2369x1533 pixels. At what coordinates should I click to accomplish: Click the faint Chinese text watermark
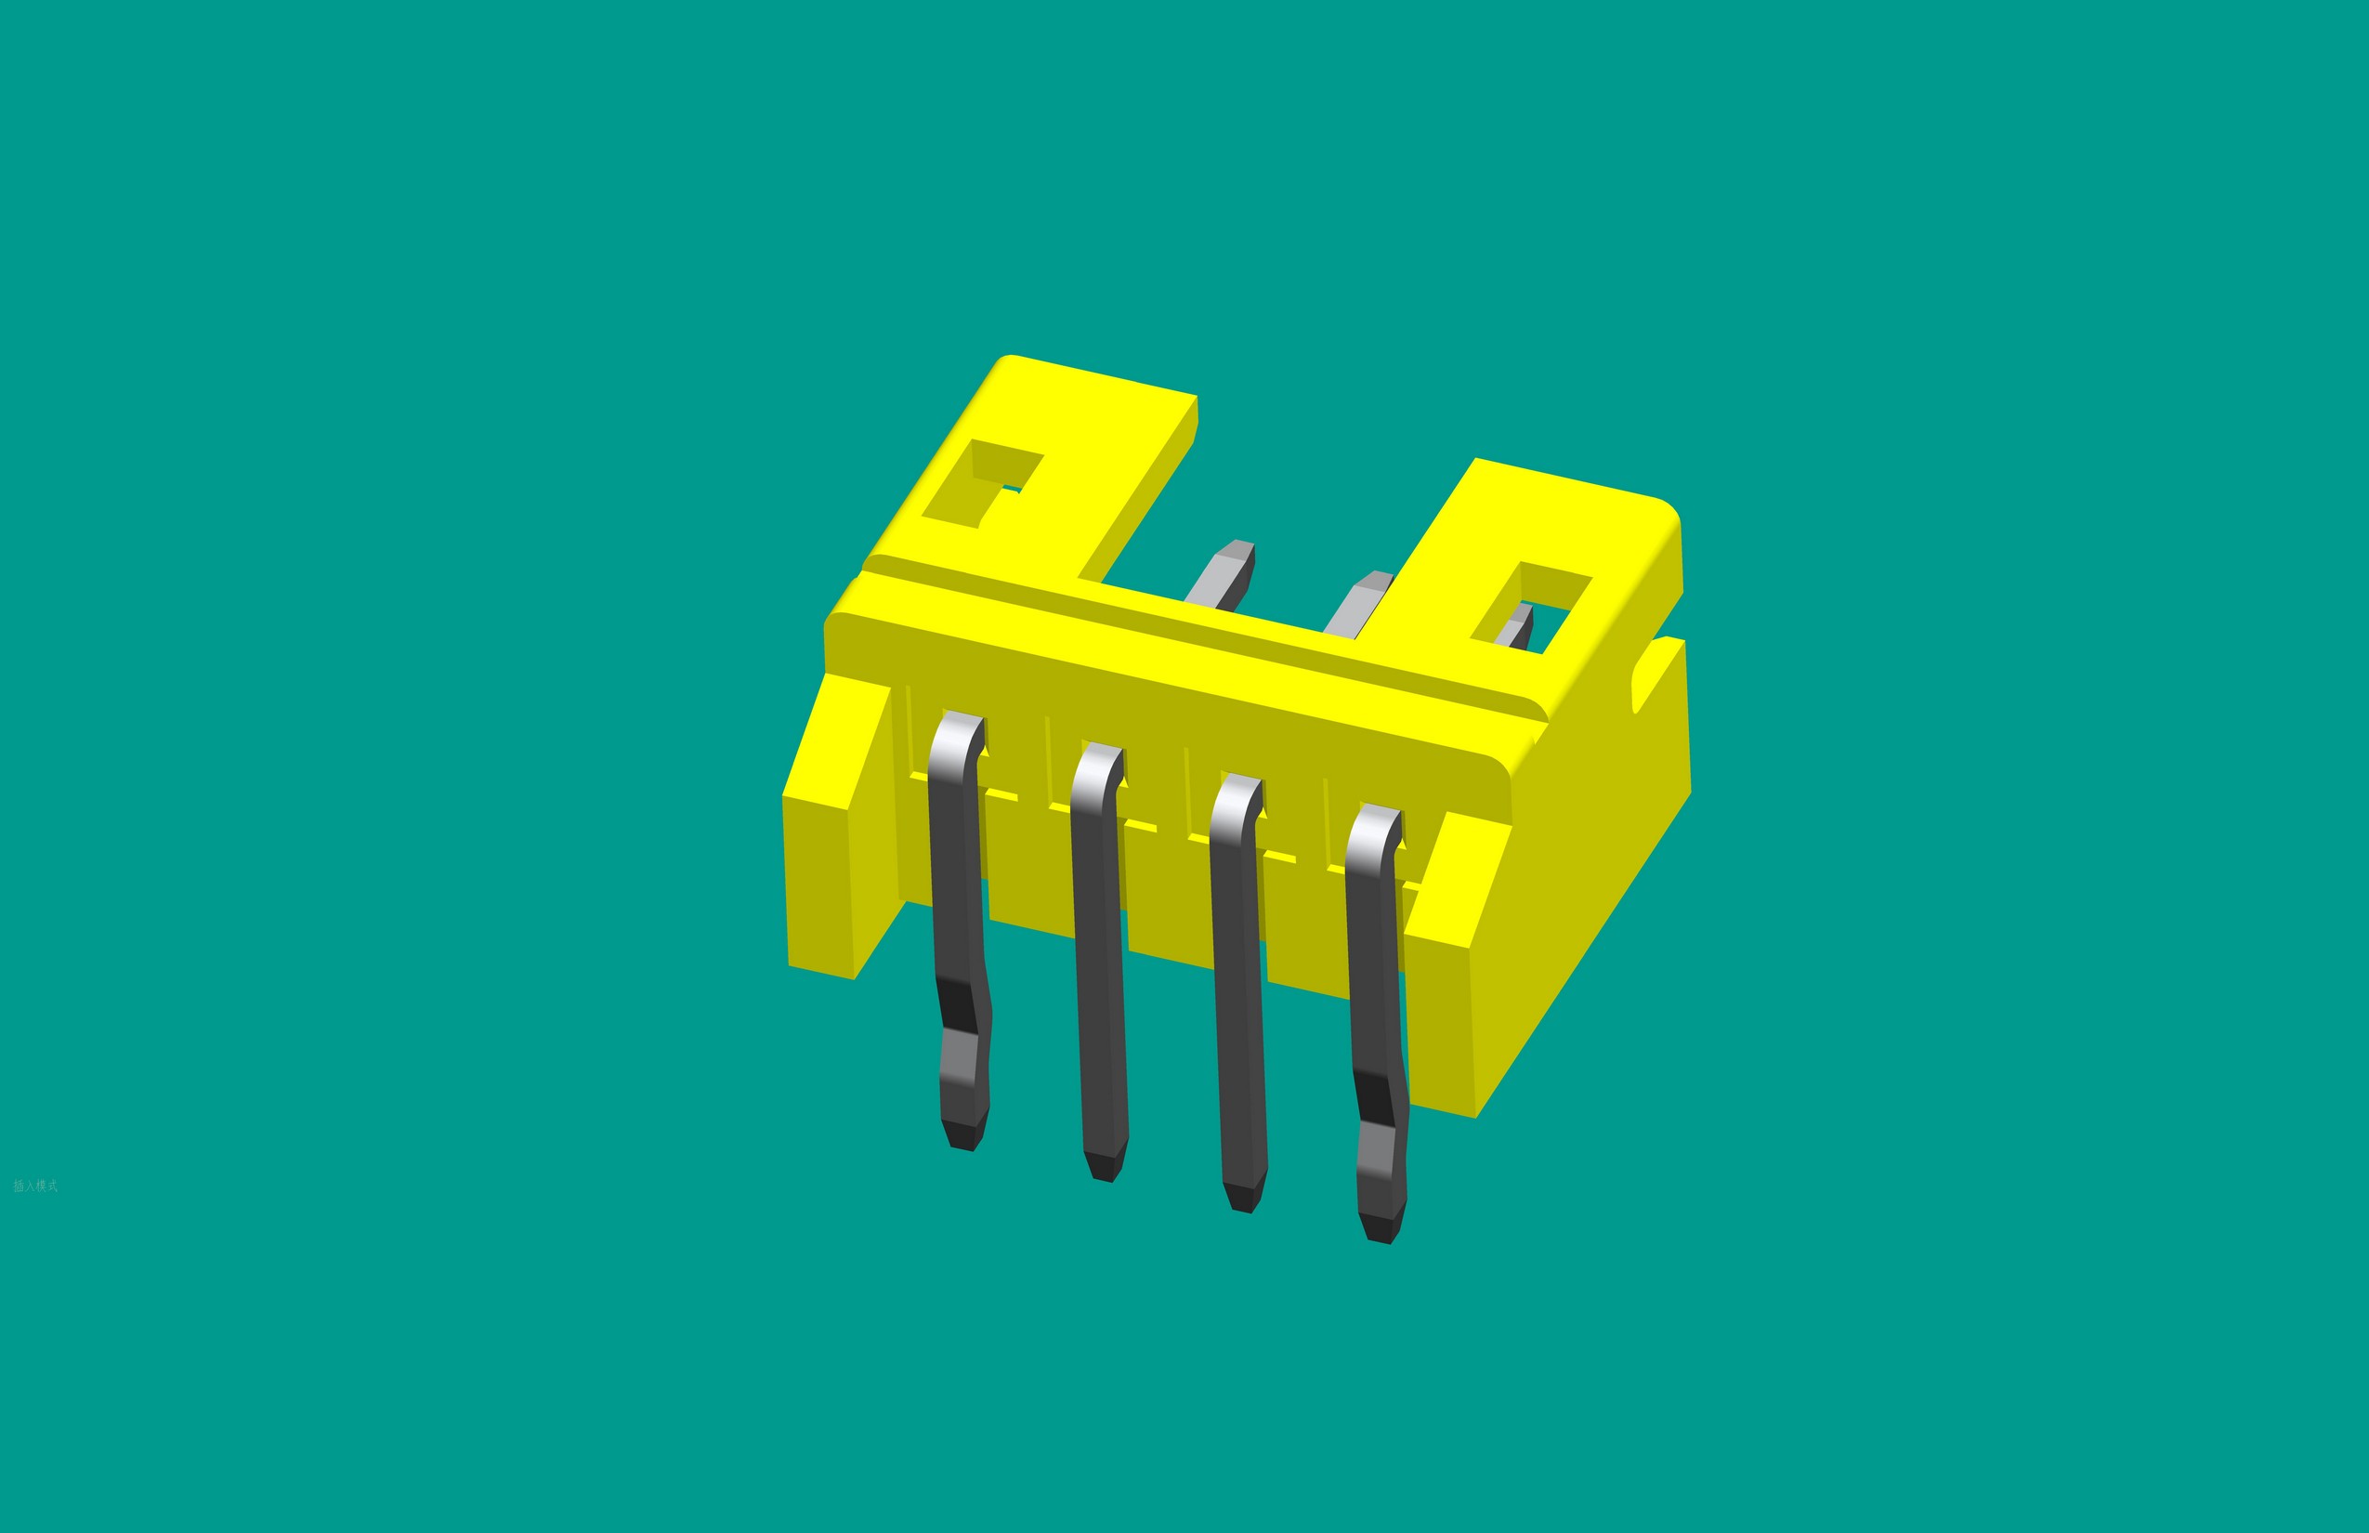tap(36, 1186)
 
